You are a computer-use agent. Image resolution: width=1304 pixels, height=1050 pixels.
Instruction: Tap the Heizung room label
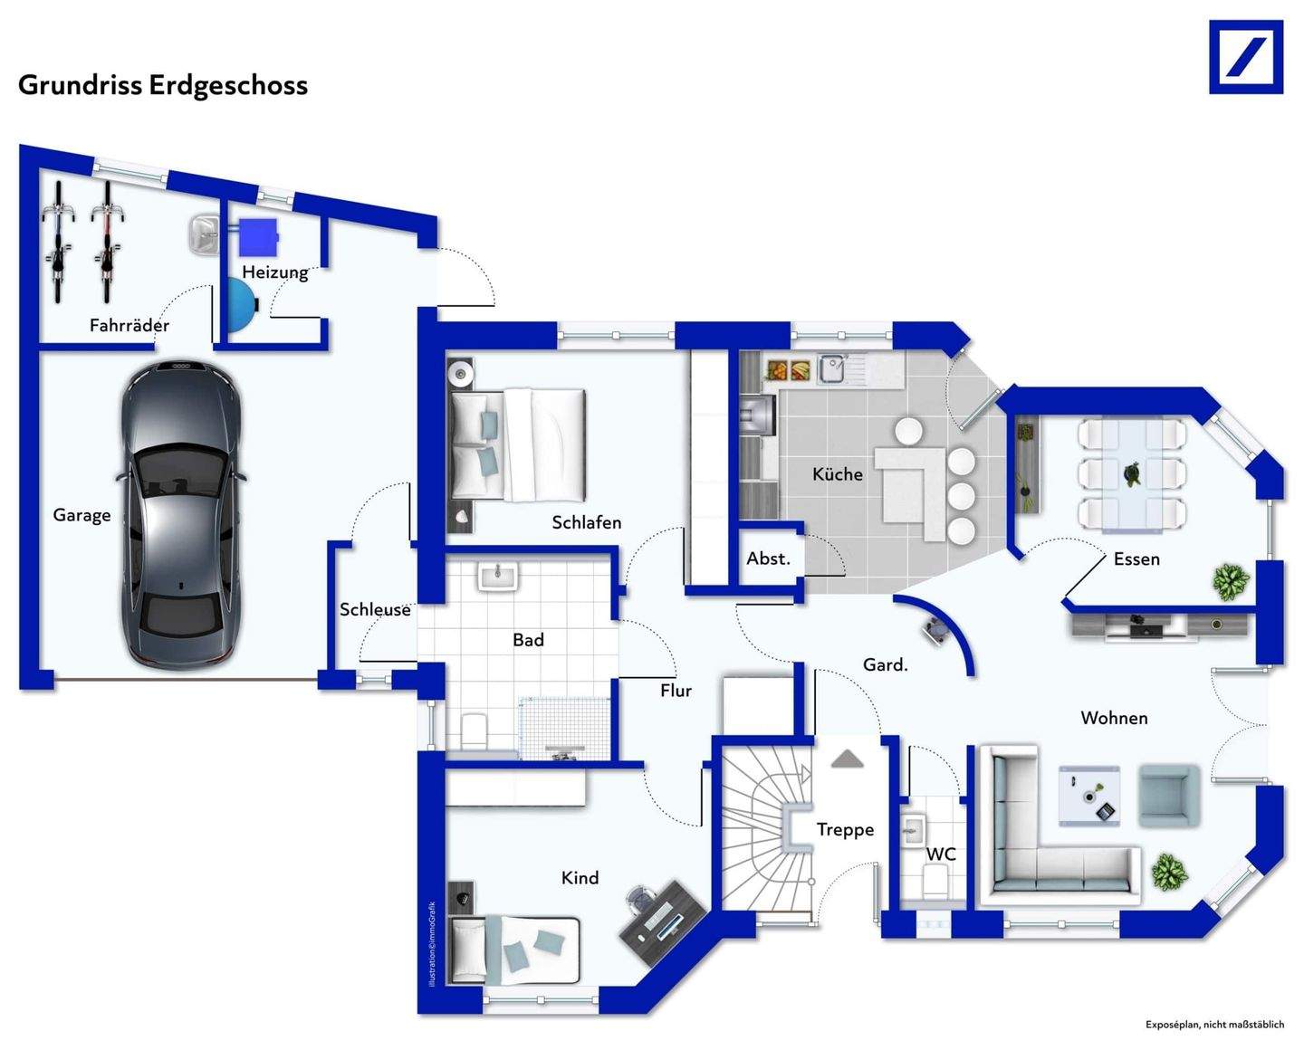(274, 272)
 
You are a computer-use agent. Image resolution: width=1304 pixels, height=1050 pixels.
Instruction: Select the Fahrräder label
(129, 326)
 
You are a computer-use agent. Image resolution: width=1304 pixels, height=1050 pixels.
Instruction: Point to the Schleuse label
(375, 610)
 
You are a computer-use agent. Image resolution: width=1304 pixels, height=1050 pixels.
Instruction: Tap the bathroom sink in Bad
(497, 577)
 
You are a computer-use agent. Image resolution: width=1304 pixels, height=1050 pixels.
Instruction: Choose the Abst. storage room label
(768, 559)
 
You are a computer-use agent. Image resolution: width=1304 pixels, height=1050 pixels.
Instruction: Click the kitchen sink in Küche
(832, 368)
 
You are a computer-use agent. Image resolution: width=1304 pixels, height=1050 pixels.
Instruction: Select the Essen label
(1136, 559)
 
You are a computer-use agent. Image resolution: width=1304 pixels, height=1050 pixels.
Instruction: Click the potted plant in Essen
(1231, 581)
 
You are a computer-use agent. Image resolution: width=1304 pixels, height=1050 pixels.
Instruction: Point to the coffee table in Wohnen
(1089, 796)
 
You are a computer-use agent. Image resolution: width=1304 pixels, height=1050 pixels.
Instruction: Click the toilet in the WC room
(935, 879)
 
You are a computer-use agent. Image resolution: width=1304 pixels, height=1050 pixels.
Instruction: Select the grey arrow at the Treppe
(847, 759)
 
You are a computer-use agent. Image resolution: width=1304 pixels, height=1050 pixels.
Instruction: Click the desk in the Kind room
(662, 914)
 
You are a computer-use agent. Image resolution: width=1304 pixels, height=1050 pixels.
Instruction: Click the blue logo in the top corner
(1246, 57)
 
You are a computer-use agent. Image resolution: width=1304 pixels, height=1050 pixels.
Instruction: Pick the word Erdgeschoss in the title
(228, 85)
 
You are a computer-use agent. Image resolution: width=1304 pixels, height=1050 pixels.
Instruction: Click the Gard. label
(885, 665)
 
